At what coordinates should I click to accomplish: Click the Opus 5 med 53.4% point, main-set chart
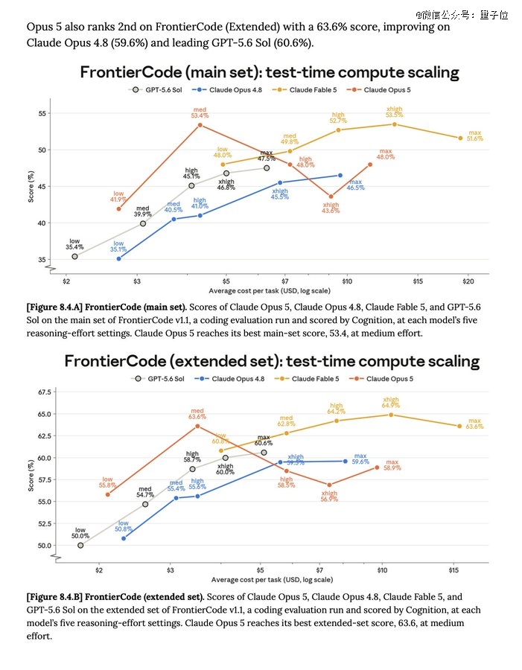[200, 125]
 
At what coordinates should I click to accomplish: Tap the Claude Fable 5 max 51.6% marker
[460, 138]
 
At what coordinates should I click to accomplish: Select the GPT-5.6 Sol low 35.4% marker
[74, 256]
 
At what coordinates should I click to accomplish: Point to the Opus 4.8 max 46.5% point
[340, 175]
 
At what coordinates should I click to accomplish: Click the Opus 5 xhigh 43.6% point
[331, 197]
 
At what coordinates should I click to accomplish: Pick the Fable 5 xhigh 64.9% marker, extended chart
[391, 415]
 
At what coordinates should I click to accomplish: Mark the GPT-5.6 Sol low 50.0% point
[80, 545]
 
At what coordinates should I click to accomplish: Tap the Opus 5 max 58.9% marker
[377, 468]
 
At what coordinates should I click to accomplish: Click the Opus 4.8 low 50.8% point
[124, 538]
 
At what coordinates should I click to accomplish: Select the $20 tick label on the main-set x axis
[468, 281]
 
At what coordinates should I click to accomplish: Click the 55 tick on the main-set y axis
[42, 113]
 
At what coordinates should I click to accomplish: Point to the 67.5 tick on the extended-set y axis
[45, 392]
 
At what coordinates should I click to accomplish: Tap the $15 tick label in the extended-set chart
[453, 570]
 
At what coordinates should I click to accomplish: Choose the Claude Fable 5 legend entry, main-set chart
[305, 90]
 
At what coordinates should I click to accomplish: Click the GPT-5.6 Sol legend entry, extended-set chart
[158, 379]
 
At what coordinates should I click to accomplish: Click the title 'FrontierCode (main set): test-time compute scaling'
[270, 72]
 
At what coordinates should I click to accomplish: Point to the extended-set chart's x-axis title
[272, 579]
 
